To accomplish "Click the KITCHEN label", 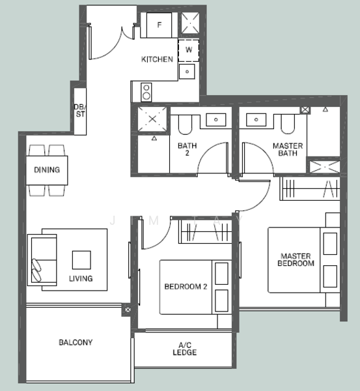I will point(158,59).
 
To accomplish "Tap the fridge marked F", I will point(159,26).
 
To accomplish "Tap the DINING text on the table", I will point(47,170).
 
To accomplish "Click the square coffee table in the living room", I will point(82,260).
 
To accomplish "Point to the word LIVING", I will point(81,278).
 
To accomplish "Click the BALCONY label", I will point(76,342).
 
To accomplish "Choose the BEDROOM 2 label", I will point(186,286).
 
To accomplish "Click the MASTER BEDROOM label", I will point(296,259).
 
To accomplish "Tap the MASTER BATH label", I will point(284,150).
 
